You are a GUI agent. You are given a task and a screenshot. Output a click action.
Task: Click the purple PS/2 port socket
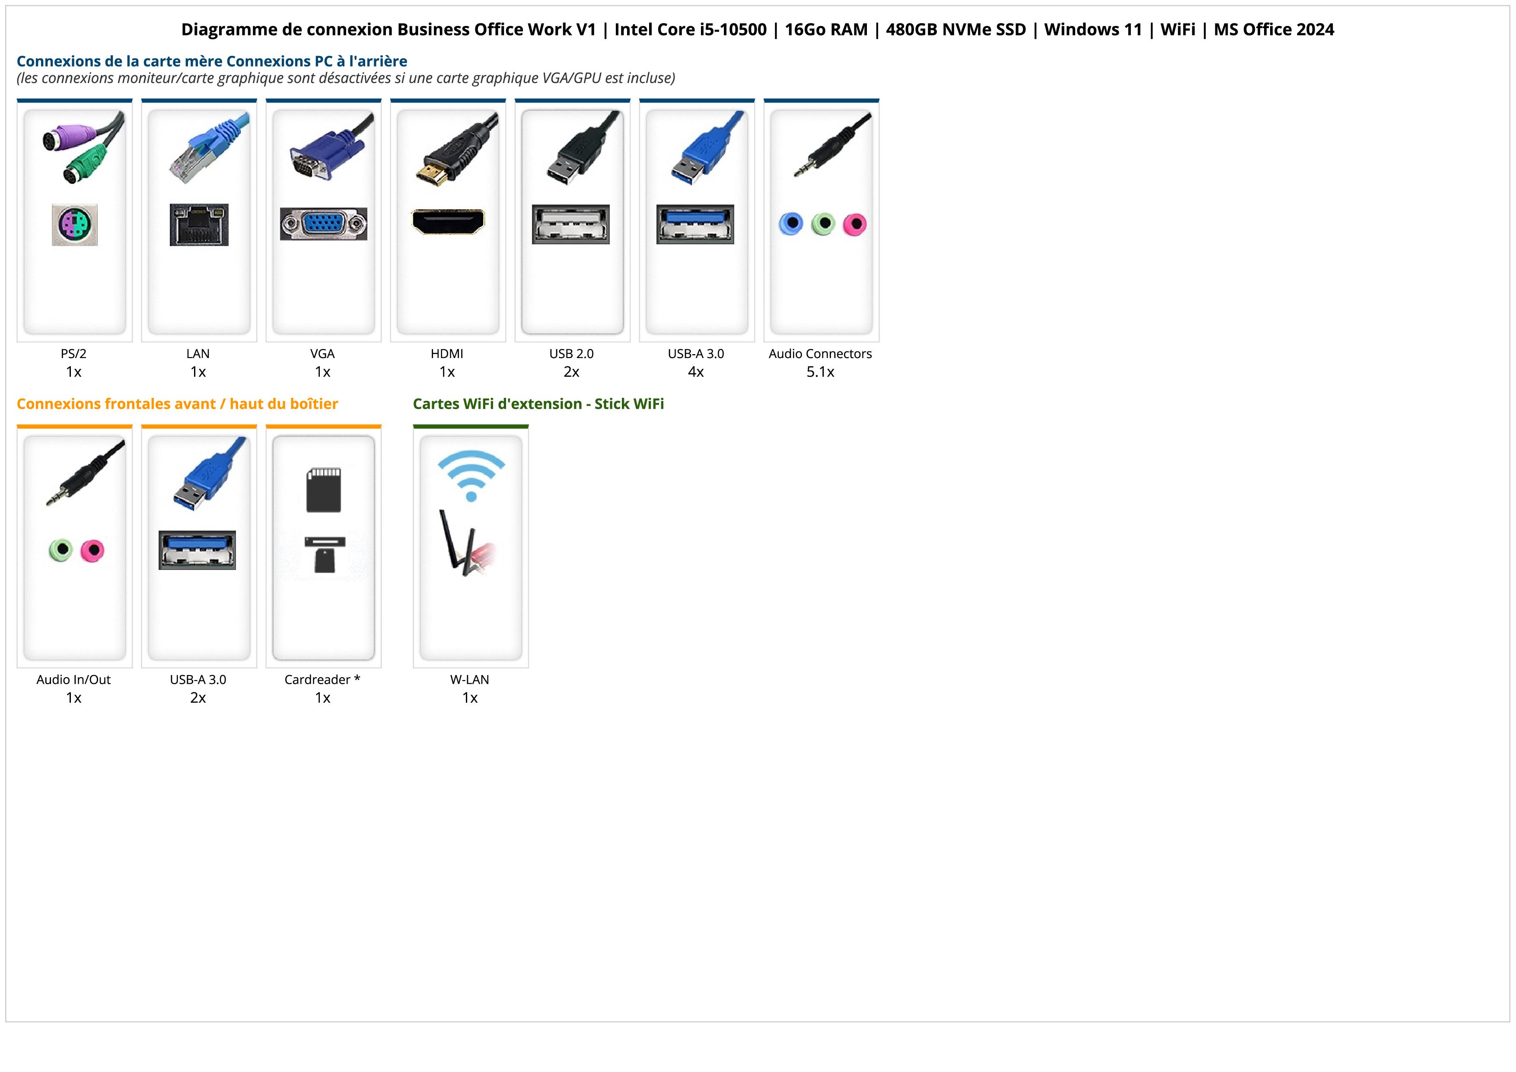point(75,224)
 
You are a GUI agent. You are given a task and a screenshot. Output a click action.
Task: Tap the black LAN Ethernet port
point(199,224)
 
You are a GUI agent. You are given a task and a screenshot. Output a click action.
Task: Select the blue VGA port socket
point(324,224)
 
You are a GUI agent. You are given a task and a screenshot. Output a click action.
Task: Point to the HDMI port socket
point(448,221)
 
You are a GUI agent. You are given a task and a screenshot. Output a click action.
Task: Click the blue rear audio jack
point(790,224)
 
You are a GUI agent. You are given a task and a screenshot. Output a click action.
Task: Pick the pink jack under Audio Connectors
point(854,224)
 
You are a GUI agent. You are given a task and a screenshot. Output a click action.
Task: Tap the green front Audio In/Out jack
point(61,550)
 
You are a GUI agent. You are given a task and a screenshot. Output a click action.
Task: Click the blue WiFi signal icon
point(471,475)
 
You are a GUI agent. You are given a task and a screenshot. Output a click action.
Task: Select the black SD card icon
point(324,490)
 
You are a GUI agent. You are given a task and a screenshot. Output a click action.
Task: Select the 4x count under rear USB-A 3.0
point(695,372)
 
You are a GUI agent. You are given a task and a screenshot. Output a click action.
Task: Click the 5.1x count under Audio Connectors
point(820,372)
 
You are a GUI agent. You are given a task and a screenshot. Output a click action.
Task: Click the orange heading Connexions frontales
point(177,403)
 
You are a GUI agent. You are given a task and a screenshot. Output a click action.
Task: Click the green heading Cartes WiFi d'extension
point(538,403)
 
